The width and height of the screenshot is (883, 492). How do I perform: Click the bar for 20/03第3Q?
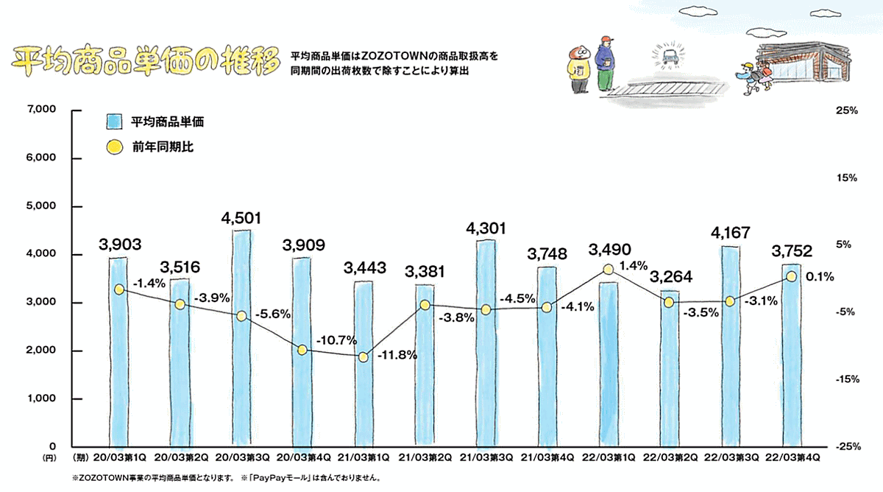[x=241, y=339]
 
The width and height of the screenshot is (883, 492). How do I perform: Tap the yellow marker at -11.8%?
[x=363, y=356]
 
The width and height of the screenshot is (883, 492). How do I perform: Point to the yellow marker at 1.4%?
[x=607, y=270]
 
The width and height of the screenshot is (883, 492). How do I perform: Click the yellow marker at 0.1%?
[x=791, y=276]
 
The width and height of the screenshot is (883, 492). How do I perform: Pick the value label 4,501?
[x=241, y=218]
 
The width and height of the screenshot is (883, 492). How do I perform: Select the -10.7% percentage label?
[x=336, y=341]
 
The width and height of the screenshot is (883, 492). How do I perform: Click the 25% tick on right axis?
[x=847, y=110]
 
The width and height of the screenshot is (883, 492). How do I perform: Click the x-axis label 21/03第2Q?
[x=424, y=458]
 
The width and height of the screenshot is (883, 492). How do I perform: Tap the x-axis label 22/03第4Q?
[x=791, y=458]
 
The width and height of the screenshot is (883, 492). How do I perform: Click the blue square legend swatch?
[x=114, y=121]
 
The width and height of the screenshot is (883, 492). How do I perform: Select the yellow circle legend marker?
[x=114, y=147]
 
